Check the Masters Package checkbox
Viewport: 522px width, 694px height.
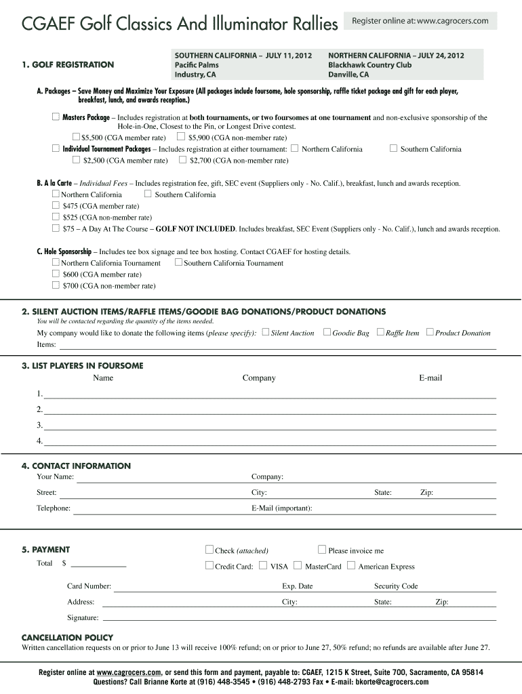tap(56, 117)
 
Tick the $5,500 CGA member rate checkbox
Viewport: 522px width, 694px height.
tap(76, 137)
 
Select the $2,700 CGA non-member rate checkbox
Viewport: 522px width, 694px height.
tap(183, 160)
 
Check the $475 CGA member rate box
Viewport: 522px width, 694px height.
tap(56, 205)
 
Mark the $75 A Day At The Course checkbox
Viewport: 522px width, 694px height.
tap(56, 228)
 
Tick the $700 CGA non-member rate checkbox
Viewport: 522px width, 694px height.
tap(56, 285)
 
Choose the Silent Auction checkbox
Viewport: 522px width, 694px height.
tap(265, 332)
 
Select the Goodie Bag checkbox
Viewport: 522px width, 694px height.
tap(327, 332)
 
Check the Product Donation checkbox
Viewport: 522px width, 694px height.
tap(429, 332)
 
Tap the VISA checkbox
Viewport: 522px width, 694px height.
tap(263, 565)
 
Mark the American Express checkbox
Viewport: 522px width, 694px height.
tap(351, 565)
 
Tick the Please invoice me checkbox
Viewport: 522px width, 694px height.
tap(322, 550)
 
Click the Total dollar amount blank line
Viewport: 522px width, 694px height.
tap(98, 564)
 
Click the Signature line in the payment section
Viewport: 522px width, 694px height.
tap(298, 618)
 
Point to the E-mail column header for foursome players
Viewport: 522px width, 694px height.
tap(430, 377)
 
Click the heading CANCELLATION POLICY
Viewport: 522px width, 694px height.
tap(67, 638)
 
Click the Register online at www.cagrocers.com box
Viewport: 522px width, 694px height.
tap(420, 21)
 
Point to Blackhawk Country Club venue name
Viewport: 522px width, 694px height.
tap(369, 65)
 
